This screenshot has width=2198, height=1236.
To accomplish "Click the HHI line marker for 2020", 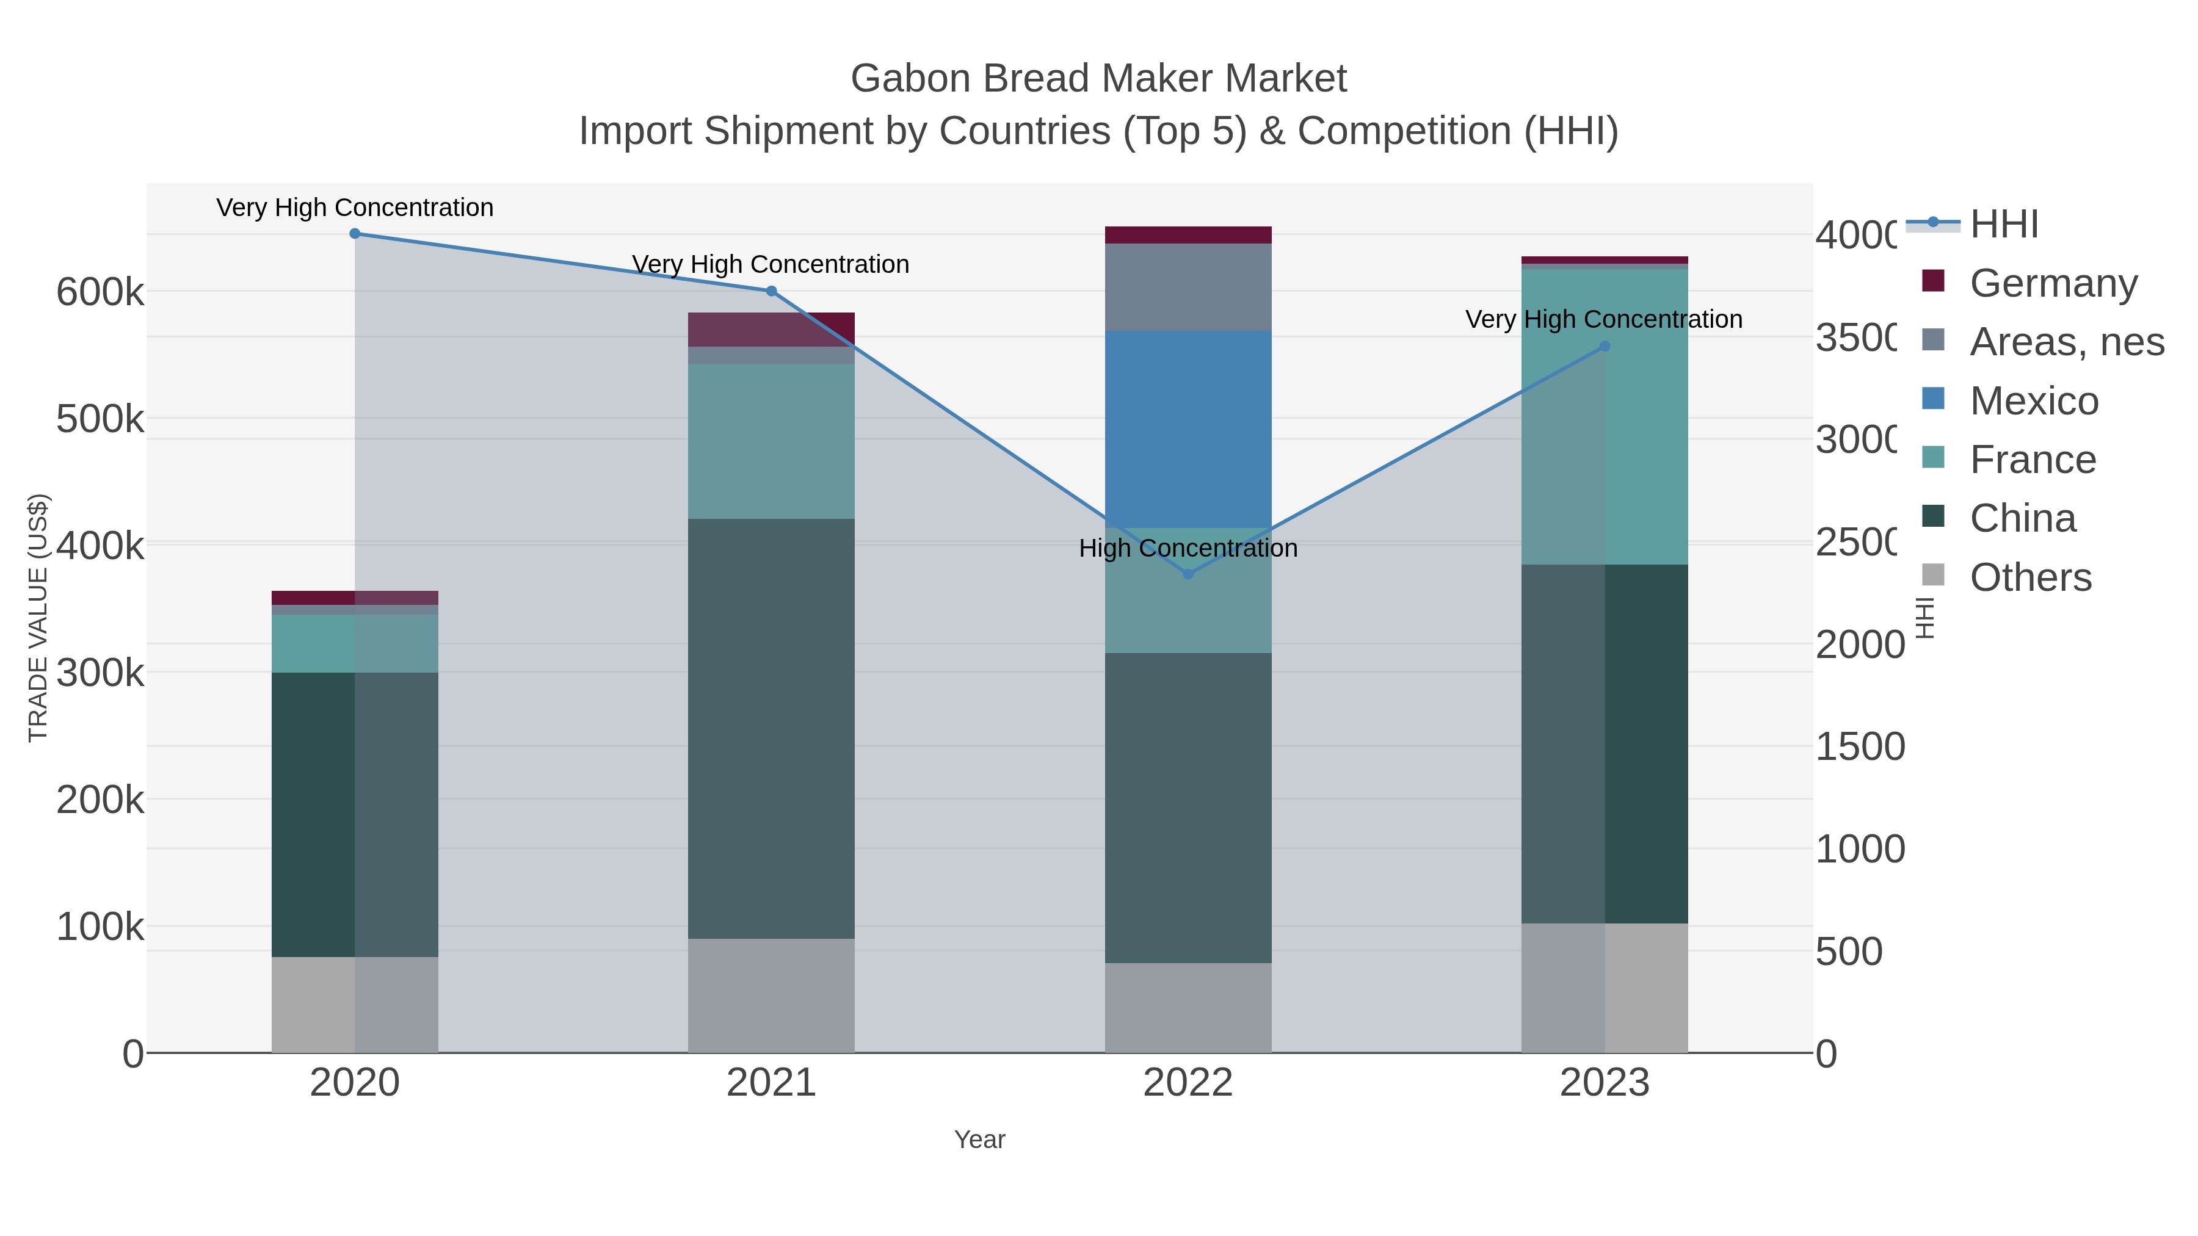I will (355, 233).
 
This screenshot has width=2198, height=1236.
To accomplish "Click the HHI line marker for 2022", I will (1188, 574).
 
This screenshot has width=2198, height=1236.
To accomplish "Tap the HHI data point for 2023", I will (1604, 346).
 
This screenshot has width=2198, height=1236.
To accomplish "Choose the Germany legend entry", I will (2051, 283).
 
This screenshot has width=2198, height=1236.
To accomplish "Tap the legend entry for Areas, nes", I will (2065, 341).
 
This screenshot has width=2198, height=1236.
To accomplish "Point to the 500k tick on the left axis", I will (100, 419).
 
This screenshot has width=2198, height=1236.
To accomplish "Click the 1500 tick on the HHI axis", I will (1859, 746).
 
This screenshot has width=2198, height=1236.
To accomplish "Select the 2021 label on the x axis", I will (771, 1082).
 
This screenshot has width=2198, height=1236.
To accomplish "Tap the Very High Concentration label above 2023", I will (1603, 319).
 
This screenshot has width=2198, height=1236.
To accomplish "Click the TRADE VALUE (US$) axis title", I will (38, 618).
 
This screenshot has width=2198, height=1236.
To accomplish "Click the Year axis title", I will (979, 1139).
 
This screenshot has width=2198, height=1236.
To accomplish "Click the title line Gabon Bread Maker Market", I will (1098, 79).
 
